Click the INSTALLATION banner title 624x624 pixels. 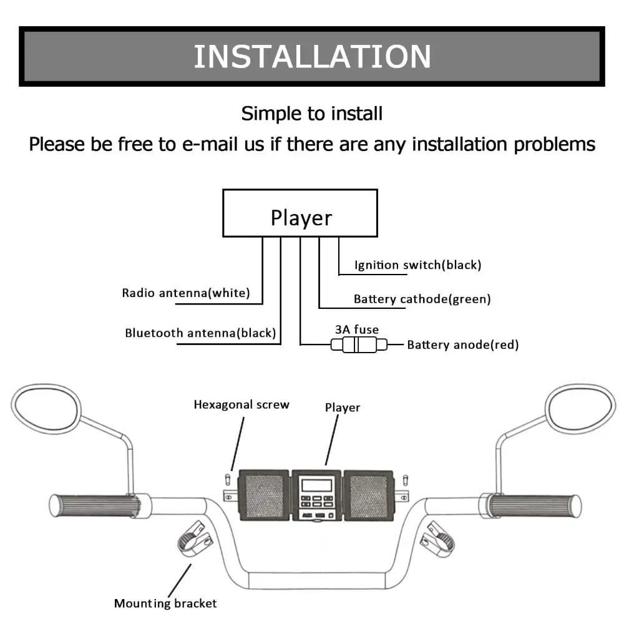312,56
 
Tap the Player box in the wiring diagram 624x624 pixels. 301,213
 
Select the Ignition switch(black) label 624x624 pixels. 417,265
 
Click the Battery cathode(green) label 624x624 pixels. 422,299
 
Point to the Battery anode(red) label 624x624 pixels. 462,344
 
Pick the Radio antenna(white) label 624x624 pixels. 185,293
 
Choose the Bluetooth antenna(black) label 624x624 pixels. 200,333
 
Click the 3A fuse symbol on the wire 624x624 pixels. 358,344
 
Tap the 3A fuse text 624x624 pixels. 357,329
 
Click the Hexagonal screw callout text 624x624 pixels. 241,404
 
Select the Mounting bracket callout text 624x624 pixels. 165,603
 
